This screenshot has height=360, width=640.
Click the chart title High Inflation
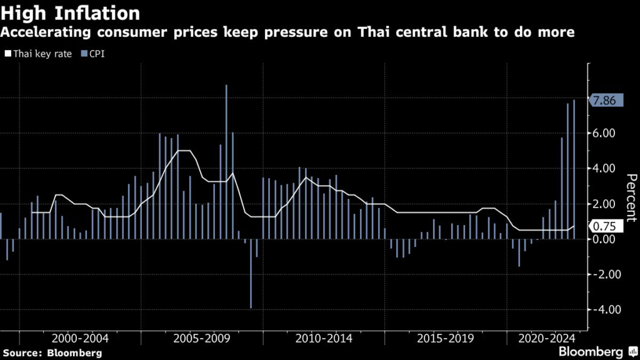(70, 12)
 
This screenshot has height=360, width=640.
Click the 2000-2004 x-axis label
(80, 338)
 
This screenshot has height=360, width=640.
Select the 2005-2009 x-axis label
(202, 338)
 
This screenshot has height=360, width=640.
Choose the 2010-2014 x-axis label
(324, 338)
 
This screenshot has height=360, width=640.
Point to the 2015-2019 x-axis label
(446, 338)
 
